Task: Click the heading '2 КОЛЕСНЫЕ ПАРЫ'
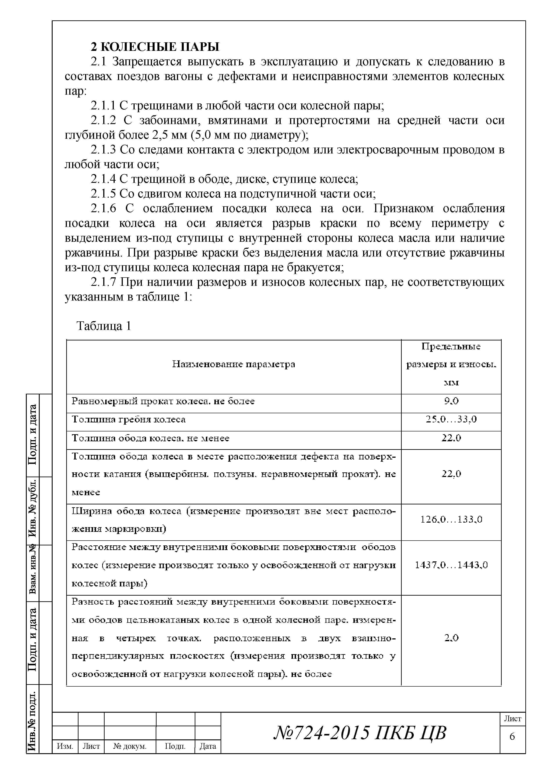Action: [155, 46]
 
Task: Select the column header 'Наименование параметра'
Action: [234, 364]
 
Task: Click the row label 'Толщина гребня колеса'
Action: [129, 420]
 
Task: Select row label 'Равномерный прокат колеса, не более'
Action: [163, 401]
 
